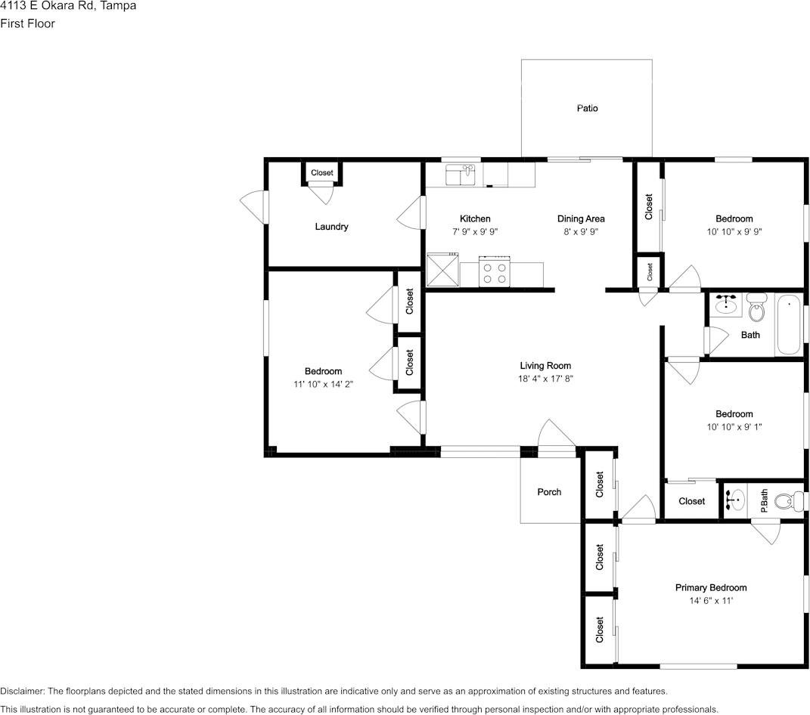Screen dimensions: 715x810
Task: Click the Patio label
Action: pos(587,108)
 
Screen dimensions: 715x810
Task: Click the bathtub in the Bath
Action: pos(788,324)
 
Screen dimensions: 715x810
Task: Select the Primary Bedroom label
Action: pos(710,587)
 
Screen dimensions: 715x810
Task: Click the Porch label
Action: pos(549,492)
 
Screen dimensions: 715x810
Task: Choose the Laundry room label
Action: pos(331,227)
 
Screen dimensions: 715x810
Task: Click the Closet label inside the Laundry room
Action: pos(322,173)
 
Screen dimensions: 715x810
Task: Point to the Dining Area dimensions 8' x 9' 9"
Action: pos(581,232)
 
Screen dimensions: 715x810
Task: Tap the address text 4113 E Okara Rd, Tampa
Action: pos(68,6)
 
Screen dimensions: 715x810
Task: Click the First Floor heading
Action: pos(27,23)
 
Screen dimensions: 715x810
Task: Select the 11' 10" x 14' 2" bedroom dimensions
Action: pos(323,384)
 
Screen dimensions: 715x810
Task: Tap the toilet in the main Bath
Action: pos(756,308)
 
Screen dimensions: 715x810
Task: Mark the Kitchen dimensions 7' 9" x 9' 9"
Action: pos(475,232)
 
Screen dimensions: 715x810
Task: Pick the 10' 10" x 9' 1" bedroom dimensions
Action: pos(734,427)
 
